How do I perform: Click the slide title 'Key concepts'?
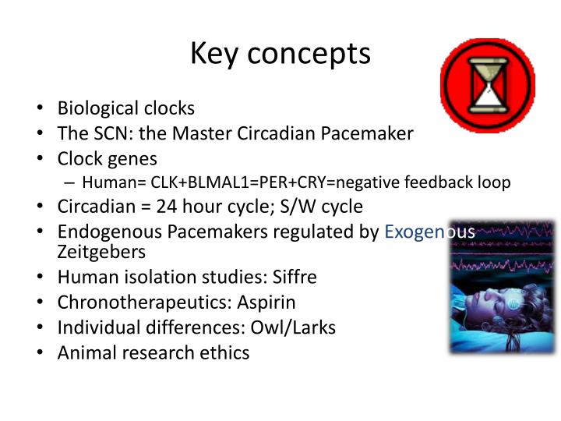click(x=280, y=54)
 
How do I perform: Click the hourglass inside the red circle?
click(x=487, y=86)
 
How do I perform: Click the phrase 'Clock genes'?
click(x=107, y=159)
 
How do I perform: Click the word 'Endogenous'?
click(x=109, y=232)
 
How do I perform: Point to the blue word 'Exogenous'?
click(x=429, y=232)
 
